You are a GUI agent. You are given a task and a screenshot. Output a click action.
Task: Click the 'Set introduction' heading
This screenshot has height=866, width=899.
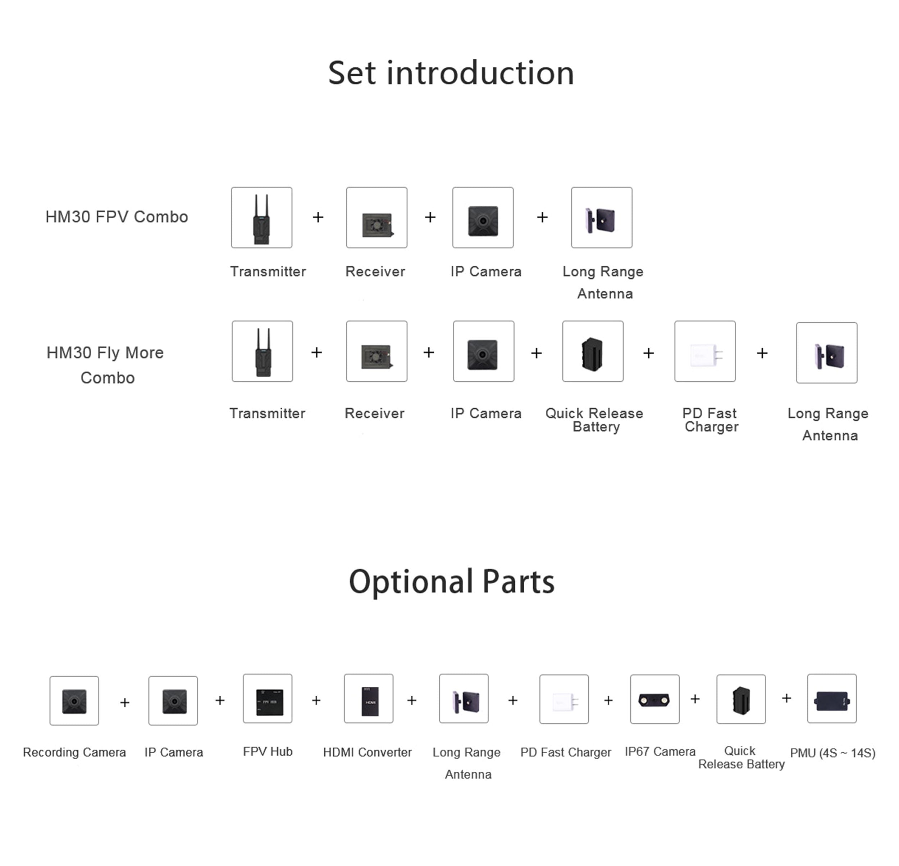point(451,73)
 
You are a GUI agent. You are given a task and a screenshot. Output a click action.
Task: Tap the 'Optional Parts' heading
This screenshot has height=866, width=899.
point(451,581)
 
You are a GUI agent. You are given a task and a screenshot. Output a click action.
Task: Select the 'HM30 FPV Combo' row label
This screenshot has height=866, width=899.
point(117,217)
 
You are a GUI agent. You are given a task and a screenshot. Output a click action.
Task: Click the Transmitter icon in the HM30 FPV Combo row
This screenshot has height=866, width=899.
point(261,217)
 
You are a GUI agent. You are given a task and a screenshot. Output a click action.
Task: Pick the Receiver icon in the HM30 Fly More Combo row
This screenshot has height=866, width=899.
point(377,351)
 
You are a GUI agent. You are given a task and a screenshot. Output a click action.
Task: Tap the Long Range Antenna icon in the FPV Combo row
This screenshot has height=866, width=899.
point(601,217)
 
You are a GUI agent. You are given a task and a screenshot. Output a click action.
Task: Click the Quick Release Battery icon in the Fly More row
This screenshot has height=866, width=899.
point(593,351)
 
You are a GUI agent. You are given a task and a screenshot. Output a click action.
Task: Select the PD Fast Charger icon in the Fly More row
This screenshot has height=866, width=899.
point(704,351)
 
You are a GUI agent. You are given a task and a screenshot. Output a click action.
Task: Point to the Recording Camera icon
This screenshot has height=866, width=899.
point(74,700)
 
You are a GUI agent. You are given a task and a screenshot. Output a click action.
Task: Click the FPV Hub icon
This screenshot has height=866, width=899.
point(268,699)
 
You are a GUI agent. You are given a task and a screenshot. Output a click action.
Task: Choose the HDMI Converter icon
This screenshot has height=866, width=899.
point(368,699)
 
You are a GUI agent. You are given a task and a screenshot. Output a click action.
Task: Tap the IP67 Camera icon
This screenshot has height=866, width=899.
point(654,699)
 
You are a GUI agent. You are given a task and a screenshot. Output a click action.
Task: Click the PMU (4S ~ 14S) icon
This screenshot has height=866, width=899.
point(831,699)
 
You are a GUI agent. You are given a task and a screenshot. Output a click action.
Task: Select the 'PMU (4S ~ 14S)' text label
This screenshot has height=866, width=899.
point(832,753)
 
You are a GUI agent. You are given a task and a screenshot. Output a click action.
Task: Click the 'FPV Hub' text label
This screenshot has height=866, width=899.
point(268,751)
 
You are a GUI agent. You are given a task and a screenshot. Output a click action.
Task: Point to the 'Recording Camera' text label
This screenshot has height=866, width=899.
point(74,752)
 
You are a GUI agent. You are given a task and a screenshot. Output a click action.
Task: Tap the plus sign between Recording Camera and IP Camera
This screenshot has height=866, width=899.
point(124,703)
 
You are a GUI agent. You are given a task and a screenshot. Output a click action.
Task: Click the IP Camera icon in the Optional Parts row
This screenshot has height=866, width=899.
point(173,700)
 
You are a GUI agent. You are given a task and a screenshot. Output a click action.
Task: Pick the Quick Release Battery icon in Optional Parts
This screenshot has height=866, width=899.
point(741,699)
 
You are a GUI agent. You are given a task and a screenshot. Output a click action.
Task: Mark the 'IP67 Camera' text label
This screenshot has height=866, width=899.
point(660,751)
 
